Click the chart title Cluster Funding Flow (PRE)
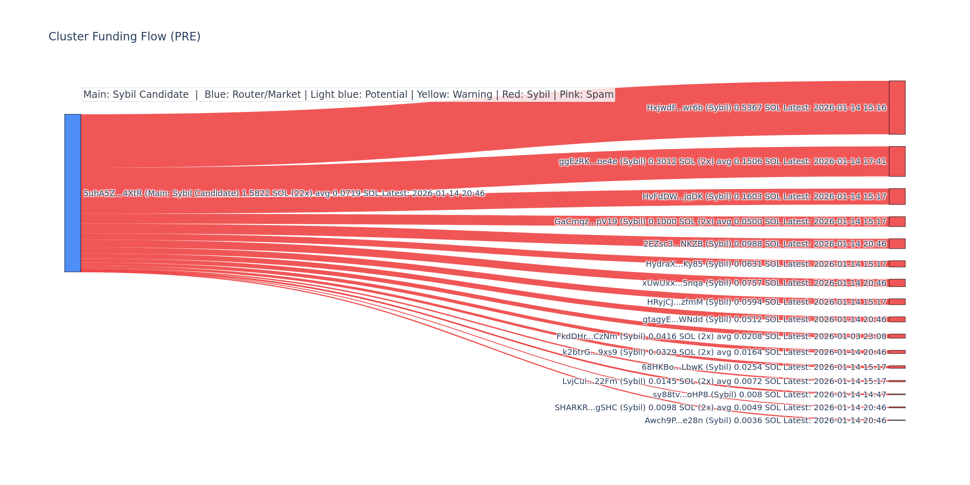pyautogui.click(x=124, y=37)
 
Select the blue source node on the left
pyautogui.click(x=73, y=193)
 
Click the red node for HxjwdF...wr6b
pyautogui.click(x=897, y=108)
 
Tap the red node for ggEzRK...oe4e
pyautogui.click(x=897, y=161)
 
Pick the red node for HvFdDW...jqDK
pyautogui.click(x=897, y=196)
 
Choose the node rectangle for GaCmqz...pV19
pyautogui.click(x=897, y=221)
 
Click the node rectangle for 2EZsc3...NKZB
pyautogui.click(x=897, y=243)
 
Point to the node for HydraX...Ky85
pyautogui.click(x=897, y=264)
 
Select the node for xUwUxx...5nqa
pyautogui.click(x=897, y=283)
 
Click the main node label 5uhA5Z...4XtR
pyautogui.click(x=113, y=194)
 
